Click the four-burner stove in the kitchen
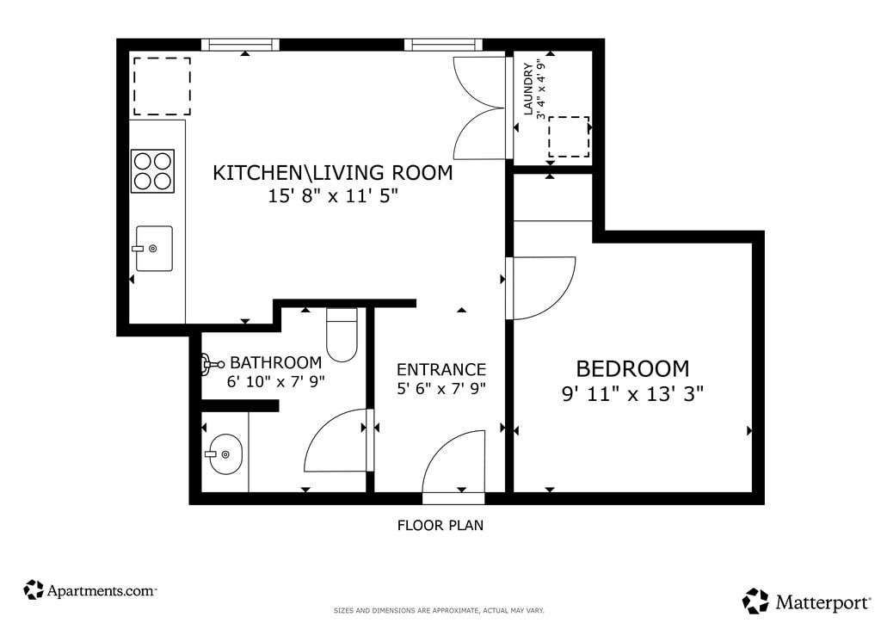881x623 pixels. point(152,171)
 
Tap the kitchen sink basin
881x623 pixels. point(154,249)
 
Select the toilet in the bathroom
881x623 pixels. point(342,336)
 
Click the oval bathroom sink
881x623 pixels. point(225,453)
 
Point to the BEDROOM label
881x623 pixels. point(632,369)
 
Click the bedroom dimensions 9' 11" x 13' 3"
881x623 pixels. point(632,394)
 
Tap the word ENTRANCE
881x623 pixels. point(441,370)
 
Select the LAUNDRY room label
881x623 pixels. point(528,89)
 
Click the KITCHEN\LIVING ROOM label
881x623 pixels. point(333,172)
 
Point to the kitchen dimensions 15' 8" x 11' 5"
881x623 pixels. point(333,196)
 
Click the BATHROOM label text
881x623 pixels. point(276,362)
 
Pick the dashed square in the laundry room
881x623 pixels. point(569,137)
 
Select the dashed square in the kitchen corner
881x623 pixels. point(162,86)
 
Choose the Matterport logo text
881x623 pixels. point(823,602)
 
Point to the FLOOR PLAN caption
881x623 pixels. point(440,525)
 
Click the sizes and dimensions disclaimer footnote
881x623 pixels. point(439,611)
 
